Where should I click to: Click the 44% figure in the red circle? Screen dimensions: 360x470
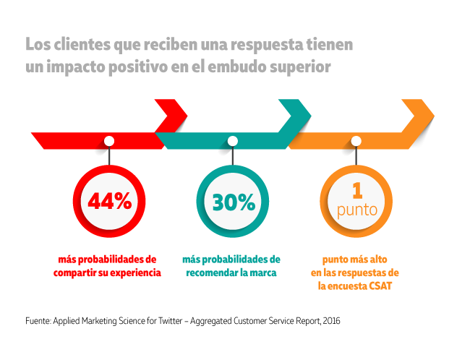[109, 202]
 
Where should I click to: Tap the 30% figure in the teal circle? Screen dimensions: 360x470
[233, 202]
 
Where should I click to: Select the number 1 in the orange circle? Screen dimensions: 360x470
[356, 191]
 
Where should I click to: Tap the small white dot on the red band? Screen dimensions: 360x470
[109, 140]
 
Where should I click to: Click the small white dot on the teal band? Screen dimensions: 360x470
[233, 140]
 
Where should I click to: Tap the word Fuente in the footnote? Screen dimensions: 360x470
[38, 320]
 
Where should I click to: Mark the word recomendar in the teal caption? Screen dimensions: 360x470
[213, 273]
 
